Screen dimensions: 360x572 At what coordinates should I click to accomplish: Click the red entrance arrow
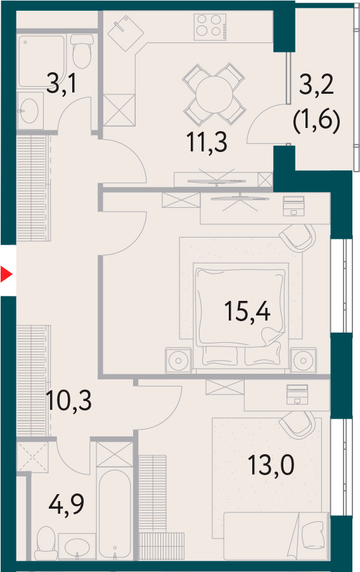[6, 274]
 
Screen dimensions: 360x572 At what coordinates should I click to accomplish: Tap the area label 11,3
[207, 142]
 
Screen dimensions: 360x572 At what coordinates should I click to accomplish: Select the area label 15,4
[247, 311]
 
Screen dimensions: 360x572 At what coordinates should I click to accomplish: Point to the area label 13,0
[271, 465]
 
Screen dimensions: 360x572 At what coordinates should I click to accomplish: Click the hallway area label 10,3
[69, 400]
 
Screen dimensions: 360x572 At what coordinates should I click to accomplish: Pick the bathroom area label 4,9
[66, 504]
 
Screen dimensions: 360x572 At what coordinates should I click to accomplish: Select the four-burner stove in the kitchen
[210, 27]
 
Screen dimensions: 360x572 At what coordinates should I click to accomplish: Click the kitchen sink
[125, 33]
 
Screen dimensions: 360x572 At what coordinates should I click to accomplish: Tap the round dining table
[214, 94]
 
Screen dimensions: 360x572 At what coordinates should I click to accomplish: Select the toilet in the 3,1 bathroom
[81, 51]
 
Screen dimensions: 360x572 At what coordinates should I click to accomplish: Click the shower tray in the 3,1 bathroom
[41, 61]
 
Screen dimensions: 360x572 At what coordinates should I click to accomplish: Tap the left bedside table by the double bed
[178, 360]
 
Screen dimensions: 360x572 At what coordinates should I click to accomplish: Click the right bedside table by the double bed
[304, 360]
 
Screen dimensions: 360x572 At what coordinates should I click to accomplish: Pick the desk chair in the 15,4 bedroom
[298, 237]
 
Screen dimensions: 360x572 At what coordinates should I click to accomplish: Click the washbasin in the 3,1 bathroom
[28, 110]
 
